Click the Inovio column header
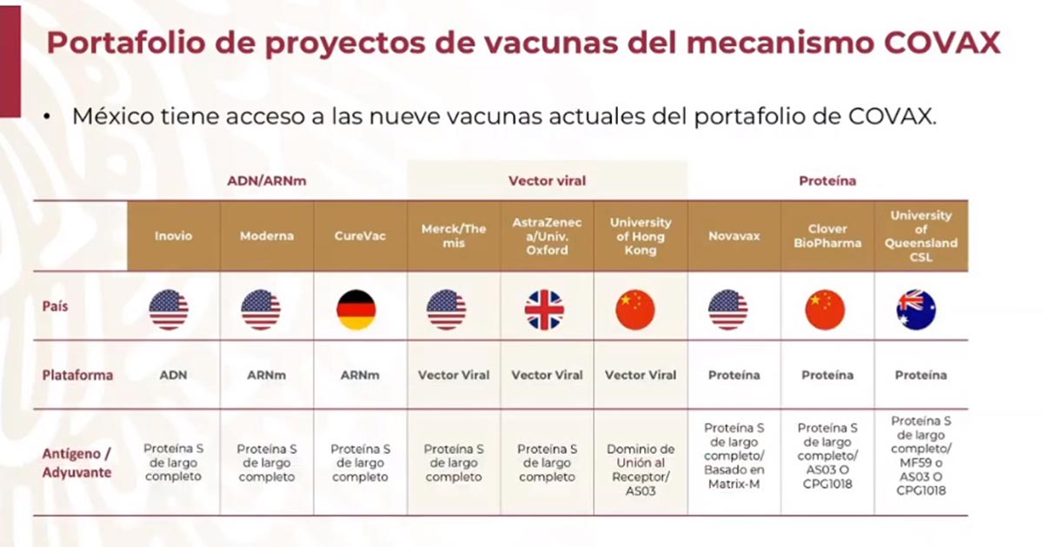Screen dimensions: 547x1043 pyautogui.click(x=174, y=236)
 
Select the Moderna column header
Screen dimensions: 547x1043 pyautogui.click(x=267, y=236)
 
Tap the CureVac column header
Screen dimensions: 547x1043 pyautogui.click(x=360, y=236)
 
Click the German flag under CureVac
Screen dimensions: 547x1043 pyautogui.click(x=356, y=310)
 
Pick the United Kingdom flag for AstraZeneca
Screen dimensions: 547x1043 pyautogui.click(x=545, y=310)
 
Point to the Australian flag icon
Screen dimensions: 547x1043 pyautogui.click(x=917, y=310)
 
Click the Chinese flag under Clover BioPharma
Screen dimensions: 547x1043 pyautogui.click(x=825, y=310)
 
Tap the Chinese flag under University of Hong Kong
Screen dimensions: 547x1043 pyautogui.click(x=636, y=310)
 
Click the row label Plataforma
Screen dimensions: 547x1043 pyautogui.click(x=78, y=375)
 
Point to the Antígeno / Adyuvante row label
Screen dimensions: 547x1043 pyautogui.click(x=77, y=464)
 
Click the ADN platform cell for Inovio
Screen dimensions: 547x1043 pyautogui.click(x=174, y=375)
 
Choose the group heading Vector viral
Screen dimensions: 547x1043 pyautogui.click(x=547, y=181)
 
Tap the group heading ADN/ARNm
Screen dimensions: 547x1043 pyautogui.click(x=267, y=181)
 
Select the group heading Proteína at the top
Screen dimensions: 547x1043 pyautogui.click(x=827, y=181)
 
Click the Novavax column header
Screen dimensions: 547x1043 pyautogui.click(x=733, y=236)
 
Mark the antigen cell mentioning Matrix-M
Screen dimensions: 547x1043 pyautogui.click(x=733, y=456)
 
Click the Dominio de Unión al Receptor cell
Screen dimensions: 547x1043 pyautogui.click(x=640, y=470)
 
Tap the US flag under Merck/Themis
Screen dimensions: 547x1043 pyautogui.click(x=447, y=310)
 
